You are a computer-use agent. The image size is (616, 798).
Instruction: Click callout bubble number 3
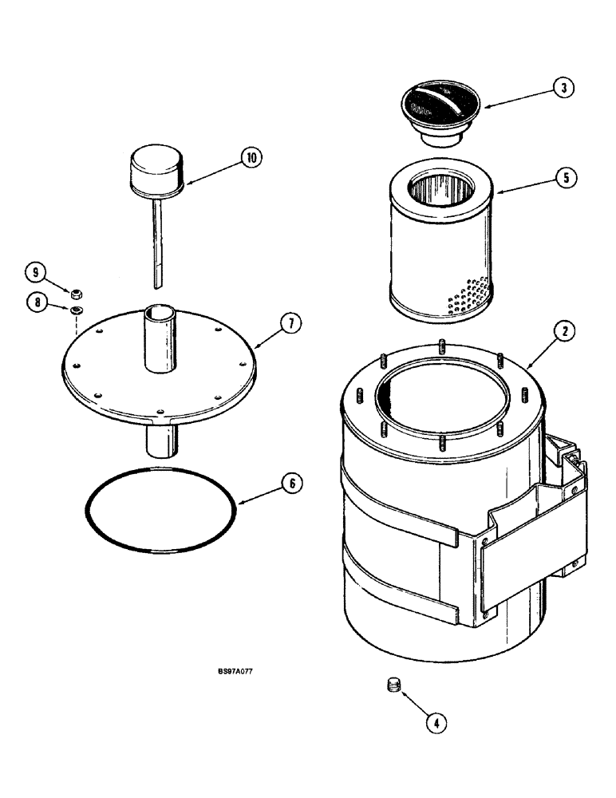(563, 89)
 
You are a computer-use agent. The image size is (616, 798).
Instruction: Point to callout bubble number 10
(251, 157)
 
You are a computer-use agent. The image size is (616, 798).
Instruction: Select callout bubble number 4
(435, 723)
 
